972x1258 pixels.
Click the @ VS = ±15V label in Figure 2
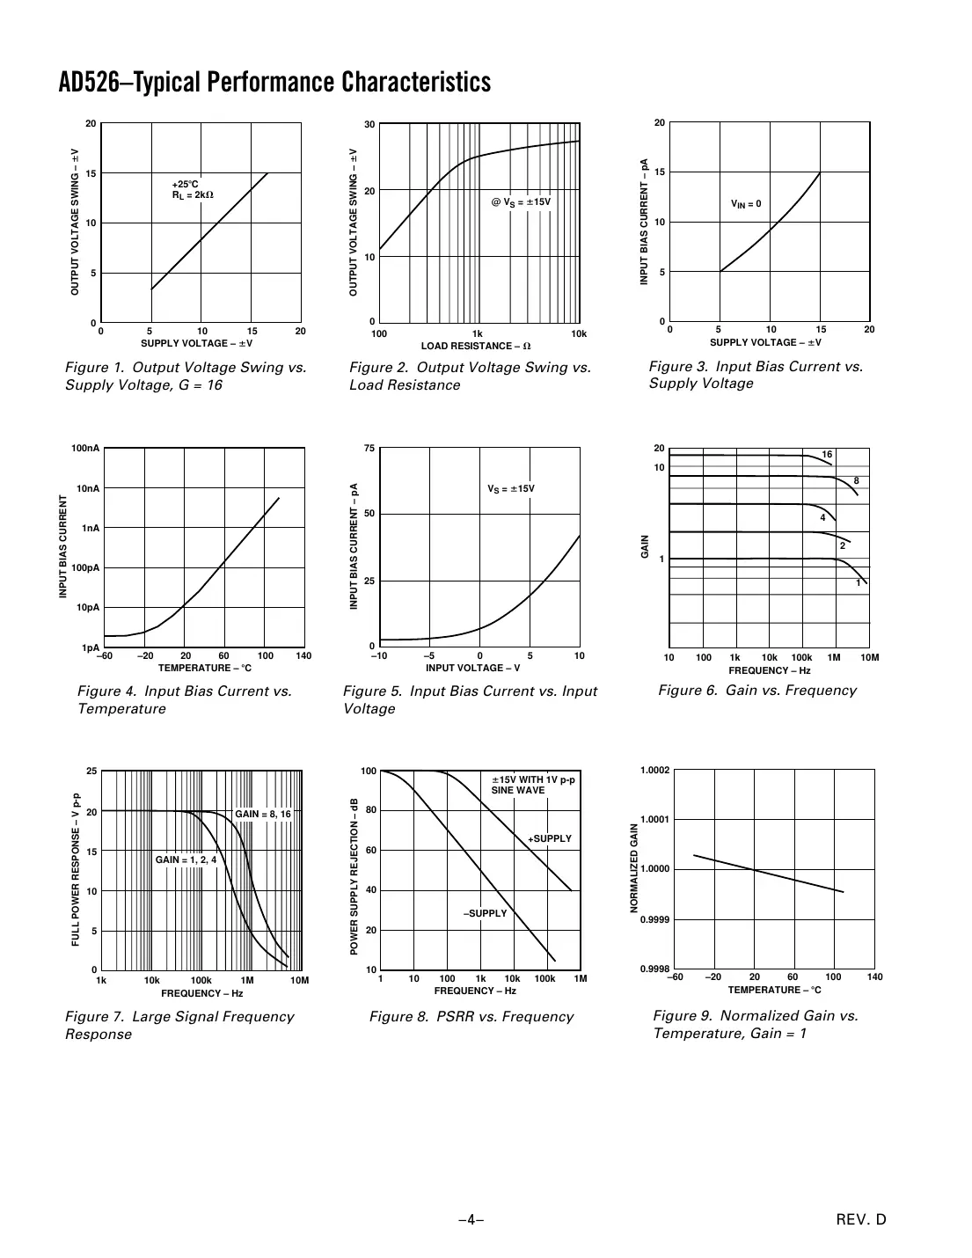[521, 202]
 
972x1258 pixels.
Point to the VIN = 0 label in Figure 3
[746, 204]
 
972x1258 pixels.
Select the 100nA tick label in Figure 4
[85, 449]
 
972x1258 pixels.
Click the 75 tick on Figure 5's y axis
[369, 449]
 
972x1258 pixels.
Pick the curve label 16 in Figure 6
[827, 455]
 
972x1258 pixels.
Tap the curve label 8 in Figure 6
[856, 480]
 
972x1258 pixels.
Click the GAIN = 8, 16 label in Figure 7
[262, 815]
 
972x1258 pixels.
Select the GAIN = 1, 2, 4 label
[186, 859]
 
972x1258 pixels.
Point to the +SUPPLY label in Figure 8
[549, 838]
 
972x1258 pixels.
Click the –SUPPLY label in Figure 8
[486, 913]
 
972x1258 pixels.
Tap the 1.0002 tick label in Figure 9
[654, 771]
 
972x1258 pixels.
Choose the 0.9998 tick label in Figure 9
[654, 969]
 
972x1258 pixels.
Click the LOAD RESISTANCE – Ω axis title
[475, 346]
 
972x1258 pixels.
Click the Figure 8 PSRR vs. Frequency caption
[471, 1017]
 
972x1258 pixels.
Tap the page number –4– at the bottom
[471, 1219]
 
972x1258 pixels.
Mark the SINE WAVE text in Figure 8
[517, 790]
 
